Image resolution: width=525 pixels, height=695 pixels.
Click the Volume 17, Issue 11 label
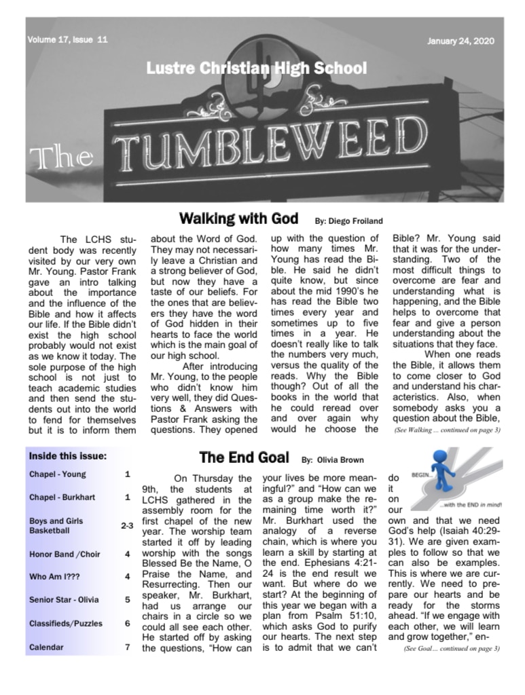click(x=67, y=40)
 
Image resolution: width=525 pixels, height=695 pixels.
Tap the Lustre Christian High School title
click(x=256, y=69)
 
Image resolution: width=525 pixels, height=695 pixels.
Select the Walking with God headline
click(x=238, y=219)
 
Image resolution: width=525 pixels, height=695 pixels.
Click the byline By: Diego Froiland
click(x=348, y=221)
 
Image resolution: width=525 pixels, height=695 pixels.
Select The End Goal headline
click(x=244, y=457)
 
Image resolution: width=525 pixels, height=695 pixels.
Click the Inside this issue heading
click(x=68, y=456)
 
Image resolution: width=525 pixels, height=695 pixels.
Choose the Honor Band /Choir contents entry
click(x=65, y=555)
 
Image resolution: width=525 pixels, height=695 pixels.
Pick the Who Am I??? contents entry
click(x=57, y=577)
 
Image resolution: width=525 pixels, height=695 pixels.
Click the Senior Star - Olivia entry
click(x=64, y=600)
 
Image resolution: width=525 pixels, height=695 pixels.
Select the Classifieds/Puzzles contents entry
click(x=66, y=623)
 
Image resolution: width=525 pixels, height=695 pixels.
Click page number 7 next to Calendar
click(x=127, y=647)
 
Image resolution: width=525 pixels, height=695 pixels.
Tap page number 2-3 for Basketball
click(x=127, y=525)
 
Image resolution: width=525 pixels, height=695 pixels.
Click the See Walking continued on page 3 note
click(x=447, y=430)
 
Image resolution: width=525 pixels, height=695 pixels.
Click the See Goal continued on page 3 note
click(x=452, y=648)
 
